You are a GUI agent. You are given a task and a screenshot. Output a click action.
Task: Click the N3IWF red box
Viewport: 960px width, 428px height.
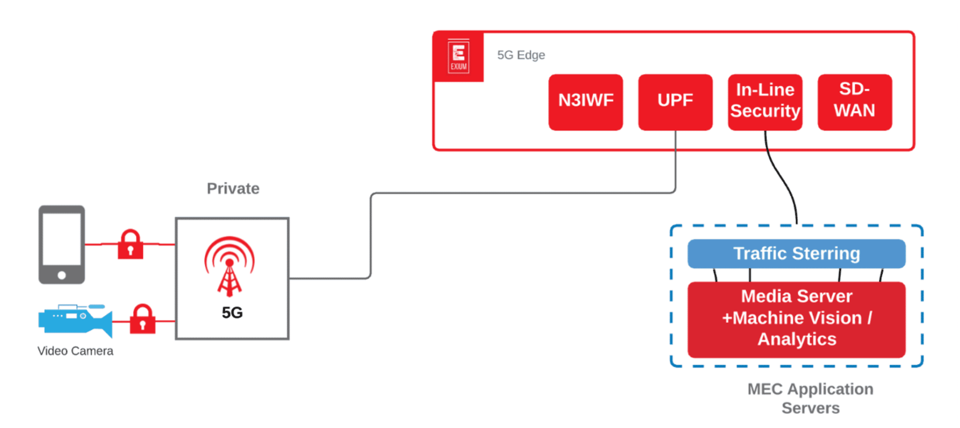(x=585, y=102)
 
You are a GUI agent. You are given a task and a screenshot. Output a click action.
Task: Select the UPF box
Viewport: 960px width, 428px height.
(x=675, y=102)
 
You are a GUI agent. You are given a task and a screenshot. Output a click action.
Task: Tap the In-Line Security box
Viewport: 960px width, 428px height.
(x=765, y=102)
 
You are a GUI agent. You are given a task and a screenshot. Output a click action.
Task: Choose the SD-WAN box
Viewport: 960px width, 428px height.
(x=854, y=102)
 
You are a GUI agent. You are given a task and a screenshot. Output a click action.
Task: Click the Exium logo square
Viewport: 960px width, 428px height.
(x=458, y=56)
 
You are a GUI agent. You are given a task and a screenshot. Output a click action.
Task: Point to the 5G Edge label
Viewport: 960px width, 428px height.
(x=521, y=55)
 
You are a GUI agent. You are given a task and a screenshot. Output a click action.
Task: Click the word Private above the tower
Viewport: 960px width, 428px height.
(x=233, y=188)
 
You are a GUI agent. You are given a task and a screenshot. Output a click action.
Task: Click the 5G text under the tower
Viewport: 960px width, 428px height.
(x=232, y=313)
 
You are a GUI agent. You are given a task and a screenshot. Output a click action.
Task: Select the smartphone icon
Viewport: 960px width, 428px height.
(x=61, y=244)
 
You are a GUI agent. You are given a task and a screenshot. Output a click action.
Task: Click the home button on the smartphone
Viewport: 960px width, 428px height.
(x=61, y=275)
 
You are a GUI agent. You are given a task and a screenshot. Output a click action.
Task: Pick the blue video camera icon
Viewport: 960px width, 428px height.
(x=75, y=320)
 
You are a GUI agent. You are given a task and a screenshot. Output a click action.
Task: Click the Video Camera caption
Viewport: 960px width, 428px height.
(x=75, y=351)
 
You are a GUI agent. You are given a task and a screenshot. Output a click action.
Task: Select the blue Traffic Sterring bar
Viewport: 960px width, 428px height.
(x=796, y=254)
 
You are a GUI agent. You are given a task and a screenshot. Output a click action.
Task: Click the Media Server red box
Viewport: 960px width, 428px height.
(x=796, y=319)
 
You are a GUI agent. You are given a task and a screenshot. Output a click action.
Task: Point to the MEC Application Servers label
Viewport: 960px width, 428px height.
(x=810, y=398)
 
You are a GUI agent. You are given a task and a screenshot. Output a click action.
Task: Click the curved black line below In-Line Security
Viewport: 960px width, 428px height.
(x=781, y=178)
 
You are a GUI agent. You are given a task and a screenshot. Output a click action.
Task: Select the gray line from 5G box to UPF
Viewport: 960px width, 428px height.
(x=516, y=193)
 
